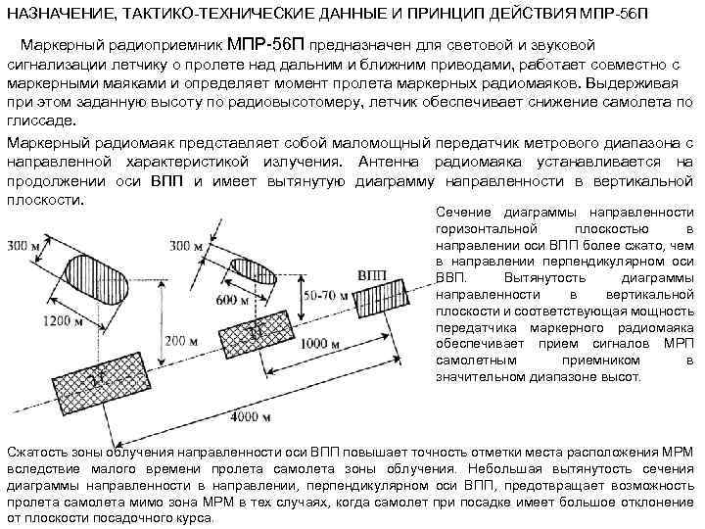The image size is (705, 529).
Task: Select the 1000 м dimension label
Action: click(322, 343)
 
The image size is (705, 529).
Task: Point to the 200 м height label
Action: click(182, 340)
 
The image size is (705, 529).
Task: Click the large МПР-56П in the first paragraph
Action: click(267, 45)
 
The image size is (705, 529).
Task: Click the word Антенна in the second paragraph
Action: click(389, 162)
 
